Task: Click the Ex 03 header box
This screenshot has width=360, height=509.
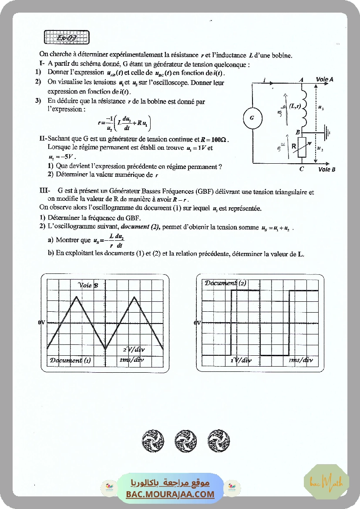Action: coord(67,37)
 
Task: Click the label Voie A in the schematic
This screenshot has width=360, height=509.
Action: coord(325,79)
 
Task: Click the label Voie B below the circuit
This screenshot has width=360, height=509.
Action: coord(326,169)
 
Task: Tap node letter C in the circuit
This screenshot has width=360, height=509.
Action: coord(301,169)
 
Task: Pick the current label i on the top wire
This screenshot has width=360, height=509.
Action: coord(264,80)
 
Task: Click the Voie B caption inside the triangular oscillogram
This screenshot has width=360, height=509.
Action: coord(88,285)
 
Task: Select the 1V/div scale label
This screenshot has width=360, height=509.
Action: coord(241,360)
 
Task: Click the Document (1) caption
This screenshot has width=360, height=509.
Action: coord(70,360)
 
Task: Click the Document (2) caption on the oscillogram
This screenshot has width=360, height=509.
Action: coord(225,283)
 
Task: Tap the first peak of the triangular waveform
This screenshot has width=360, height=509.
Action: coord(77,297)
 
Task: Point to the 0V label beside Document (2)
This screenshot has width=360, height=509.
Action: coord(198,323)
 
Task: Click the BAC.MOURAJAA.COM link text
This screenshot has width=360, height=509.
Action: coord(170,494)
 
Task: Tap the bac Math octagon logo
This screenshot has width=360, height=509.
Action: coord(326,482)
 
